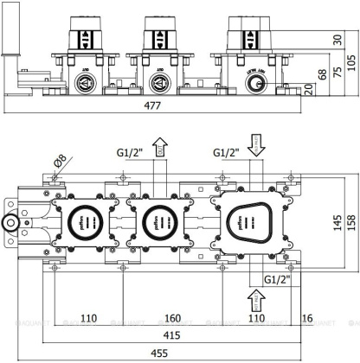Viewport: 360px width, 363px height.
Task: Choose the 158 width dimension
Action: [x=350, y=222]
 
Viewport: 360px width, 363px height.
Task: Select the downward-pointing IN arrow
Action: [x=254, y=144]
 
